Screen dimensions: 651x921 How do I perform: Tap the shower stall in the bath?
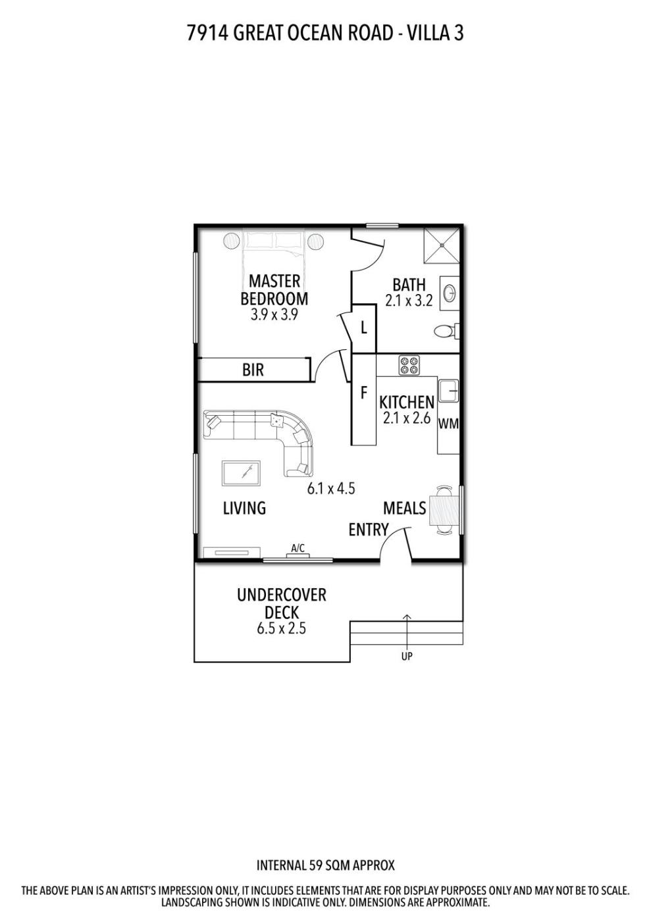(x=442, y=245)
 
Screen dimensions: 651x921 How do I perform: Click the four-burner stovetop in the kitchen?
(x=409, y=365)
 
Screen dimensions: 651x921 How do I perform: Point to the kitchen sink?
(x=448, y=391)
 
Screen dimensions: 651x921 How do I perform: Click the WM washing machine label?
(x=448, y=424)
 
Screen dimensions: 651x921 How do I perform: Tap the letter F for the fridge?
(x=364, y=393)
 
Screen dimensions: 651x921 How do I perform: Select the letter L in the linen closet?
(x=364, y=328)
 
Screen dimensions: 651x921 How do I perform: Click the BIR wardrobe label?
(x=253, y=370)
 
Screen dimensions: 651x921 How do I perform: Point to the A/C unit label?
(x=298, y=548)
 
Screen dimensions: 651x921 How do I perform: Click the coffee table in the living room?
(x=241, y=473)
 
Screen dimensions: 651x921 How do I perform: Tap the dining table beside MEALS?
(x=444, y=510)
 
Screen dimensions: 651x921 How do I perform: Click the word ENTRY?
(x=369, y=530)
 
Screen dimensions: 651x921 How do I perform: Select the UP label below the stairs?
(x=407, y=657)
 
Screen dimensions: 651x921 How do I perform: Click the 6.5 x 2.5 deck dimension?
(x=282, y=629)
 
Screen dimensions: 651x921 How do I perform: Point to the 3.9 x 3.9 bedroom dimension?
(x=274, y=315)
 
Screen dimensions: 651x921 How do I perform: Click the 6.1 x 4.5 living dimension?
(x=331, y=488)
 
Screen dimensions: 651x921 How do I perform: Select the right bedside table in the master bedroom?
(x=315, y=241)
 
